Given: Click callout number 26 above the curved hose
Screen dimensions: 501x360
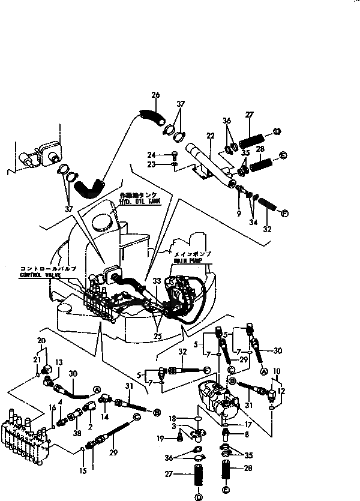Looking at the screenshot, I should pyautogui.click(x=155, y=94).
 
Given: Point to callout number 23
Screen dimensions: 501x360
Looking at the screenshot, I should pyautogui.click(x=152, y=164).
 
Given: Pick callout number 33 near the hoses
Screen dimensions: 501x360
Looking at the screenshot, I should pyautogui.click(x=157, y=280).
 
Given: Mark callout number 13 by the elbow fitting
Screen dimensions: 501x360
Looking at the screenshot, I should pyautogui.click(x=59, y=362).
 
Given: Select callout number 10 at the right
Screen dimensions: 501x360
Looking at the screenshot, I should pyautogui.click(x=276, y=371).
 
